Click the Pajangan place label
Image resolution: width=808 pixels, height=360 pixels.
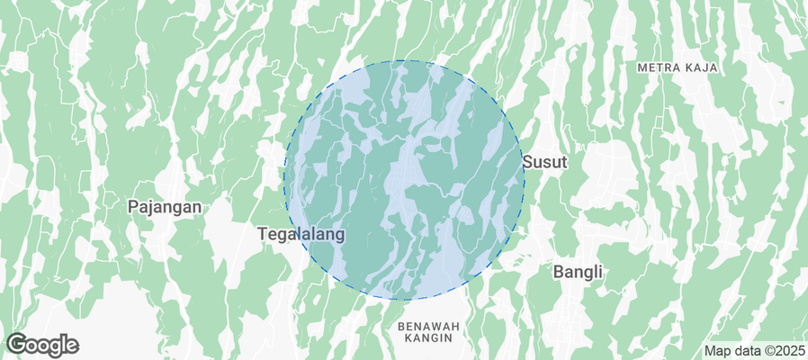[x=164, y=207]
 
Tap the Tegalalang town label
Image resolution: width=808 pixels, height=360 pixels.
[x=301, y=234]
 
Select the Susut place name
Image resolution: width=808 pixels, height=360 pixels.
[x=545, y=161]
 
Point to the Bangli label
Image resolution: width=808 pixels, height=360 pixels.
[x=577, y=272]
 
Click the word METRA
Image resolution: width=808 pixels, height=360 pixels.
[x=656, y=67]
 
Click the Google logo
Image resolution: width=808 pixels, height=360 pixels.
[x=42, y=345]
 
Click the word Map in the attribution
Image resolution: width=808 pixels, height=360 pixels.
[x=717, y=350]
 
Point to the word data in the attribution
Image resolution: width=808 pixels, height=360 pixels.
[x=745, y=350]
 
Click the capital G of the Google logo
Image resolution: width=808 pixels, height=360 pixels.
[x=15, y=344]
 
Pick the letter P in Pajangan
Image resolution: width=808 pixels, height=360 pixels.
[x=132, y=207]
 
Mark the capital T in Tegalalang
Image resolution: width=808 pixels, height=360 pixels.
[x=263, y=234]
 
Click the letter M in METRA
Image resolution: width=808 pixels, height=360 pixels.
[x=641, y=67]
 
